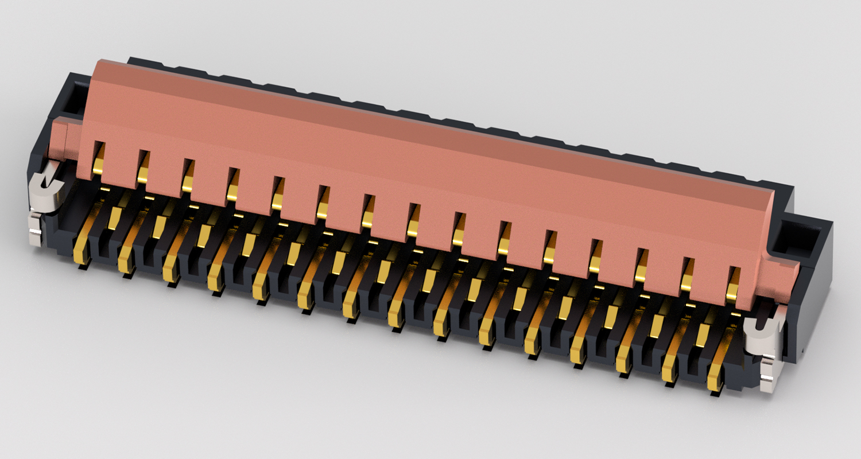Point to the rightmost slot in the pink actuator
pyautogui.click(x=733, y=283)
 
